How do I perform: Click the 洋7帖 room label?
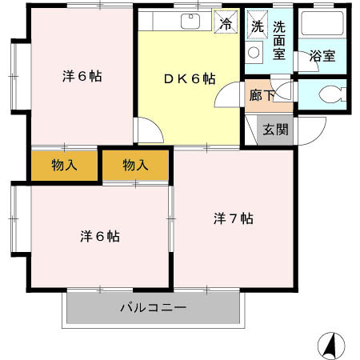coord(234,218)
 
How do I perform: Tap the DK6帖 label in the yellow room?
coord(190,78)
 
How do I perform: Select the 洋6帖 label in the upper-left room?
coord(82,78)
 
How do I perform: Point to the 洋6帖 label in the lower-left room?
coord(100,237)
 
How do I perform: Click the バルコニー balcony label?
coord(154,307)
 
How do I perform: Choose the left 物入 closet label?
coord(65,166)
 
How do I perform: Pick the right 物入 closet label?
coord(135,166)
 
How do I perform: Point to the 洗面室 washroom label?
coord(279,39)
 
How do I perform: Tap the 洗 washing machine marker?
coord(257,26)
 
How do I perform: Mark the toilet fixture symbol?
coord(327,94)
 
